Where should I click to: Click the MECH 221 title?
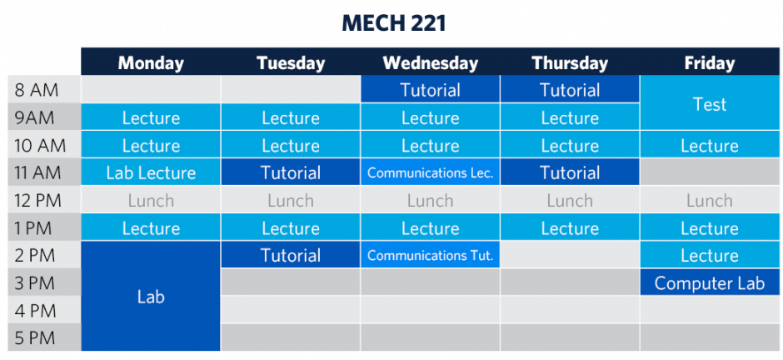(393, 23)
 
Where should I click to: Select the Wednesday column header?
(430, 62)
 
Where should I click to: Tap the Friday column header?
(710, 62)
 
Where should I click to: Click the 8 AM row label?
(37, 90)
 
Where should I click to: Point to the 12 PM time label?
(38, 201)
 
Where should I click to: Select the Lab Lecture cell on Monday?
(151, 172)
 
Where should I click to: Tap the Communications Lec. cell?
(430, 172)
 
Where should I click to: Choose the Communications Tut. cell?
(430, 256)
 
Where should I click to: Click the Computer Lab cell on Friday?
(710, 283)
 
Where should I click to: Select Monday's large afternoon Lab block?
(151, 296)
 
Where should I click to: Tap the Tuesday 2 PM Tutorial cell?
(291, 256)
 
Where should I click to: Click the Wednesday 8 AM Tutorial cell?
(430, 90)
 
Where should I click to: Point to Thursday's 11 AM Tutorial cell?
(570, 172)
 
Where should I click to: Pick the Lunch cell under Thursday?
(570, 201)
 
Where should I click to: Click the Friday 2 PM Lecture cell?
(710, 256)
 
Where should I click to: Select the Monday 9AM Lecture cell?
(151, 117)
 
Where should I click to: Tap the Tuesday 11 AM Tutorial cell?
(291, 172)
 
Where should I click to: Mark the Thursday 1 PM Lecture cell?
(570, 228)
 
